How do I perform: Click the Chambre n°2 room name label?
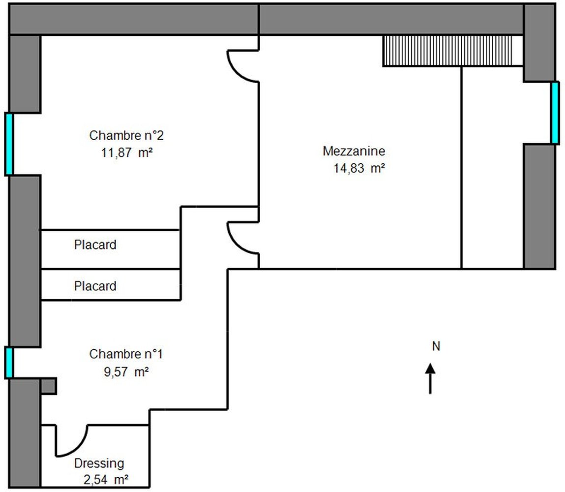[x=126, y=135]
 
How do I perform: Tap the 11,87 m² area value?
[x=127, y=153]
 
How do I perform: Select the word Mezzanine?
[x=354, y=151]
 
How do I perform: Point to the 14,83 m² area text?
[x=359, y=168]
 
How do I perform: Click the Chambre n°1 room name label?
[x=126, y=354]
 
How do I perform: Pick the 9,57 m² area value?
[x=126, y=371]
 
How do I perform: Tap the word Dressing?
[x=99, y=463]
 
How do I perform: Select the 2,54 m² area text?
[x=106, y=480]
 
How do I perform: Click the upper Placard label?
[x=95, y=245]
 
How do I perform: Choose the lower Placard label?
[x=95, y=286]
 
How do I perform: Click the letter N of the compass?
[x=436, y=346]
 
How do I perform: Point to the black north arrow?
[x=430, y=378]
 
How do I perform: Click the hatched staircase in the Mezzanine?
[x=447, y=51]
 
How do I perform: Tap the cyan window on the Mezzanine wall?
[x=555, y=113]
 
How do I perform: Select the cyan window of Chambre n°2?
[x=9, y=144]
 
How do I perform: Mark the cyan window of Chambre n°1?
[x=9, y=363]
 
